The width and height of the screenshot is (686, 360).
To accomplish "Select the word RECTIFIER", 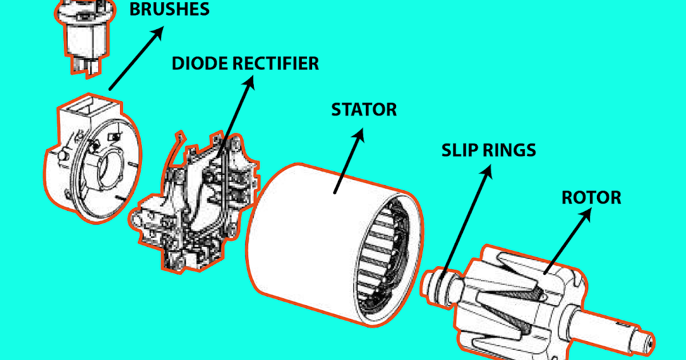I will [x=278, y=63].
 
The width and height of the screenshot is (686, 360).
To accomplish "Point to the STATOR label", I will [x=364, y=109].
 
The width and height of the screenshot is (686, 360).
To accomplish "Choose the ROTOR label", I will [x=591, y=198].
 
